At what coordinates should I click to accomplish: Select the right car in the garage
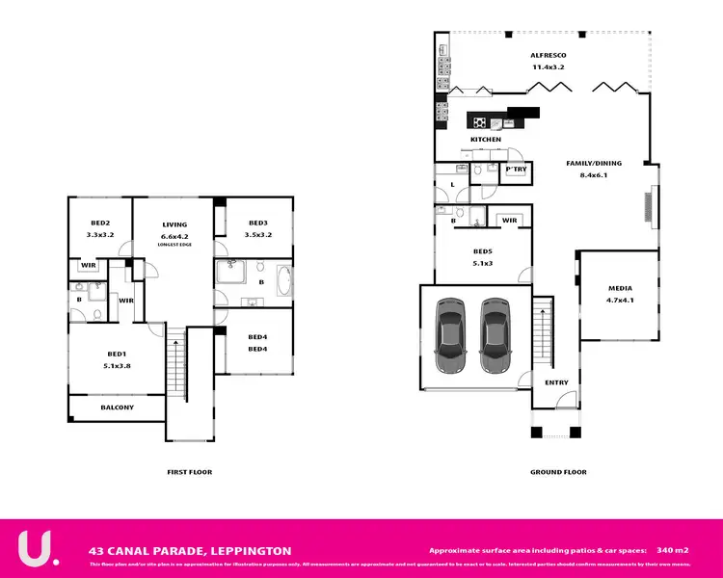pyautogui.click(x=497, y=336)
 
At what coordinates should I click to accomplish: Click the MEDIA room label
pyautogui.click(x=620, y=289)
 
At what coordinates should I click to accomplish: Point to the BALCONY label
pyautogui.click(x=117, y=407)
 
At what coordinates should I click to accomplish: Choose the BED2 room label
pyautogui.click(x=101, y=223)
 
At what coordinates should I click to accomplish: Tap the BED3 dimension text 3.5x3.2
pyautogui.click(x=257, y=234)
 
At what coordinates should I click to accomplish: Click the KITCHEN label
pyautogui.click(x=485, y=140)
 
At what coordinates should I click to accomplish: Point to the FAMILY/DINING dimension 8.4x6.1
pyautogui.click(x=594, y=175)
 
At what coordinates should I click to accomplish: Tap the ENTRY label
pyautogui.click(x=556, y=382)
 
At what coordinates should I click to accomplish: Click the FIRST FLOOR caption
pyautogui.click(x=189, y=472)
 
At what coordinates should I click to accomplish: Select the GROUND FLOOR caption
pyautogui.click(x=558, y=472)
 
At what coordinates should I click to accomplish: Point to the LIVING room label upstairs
pyautogui.click(x=174, y=223)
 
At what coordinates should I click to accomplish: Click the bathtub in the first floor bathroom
pyautogui.click(x=281, y=283)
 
